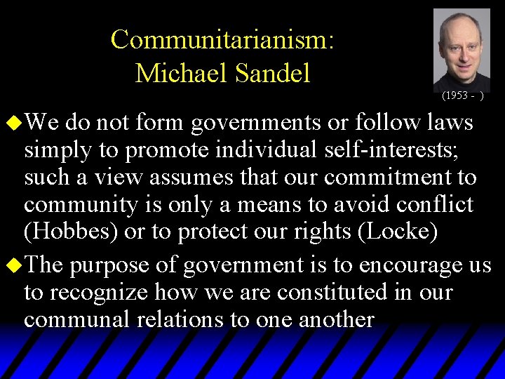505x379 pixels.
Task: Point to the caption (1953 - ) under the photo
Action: pos(462,94)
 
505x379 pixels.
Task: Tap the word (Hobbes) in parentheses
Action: pos(70,231)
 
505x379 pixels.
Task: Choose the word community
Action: pos(79,204)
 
